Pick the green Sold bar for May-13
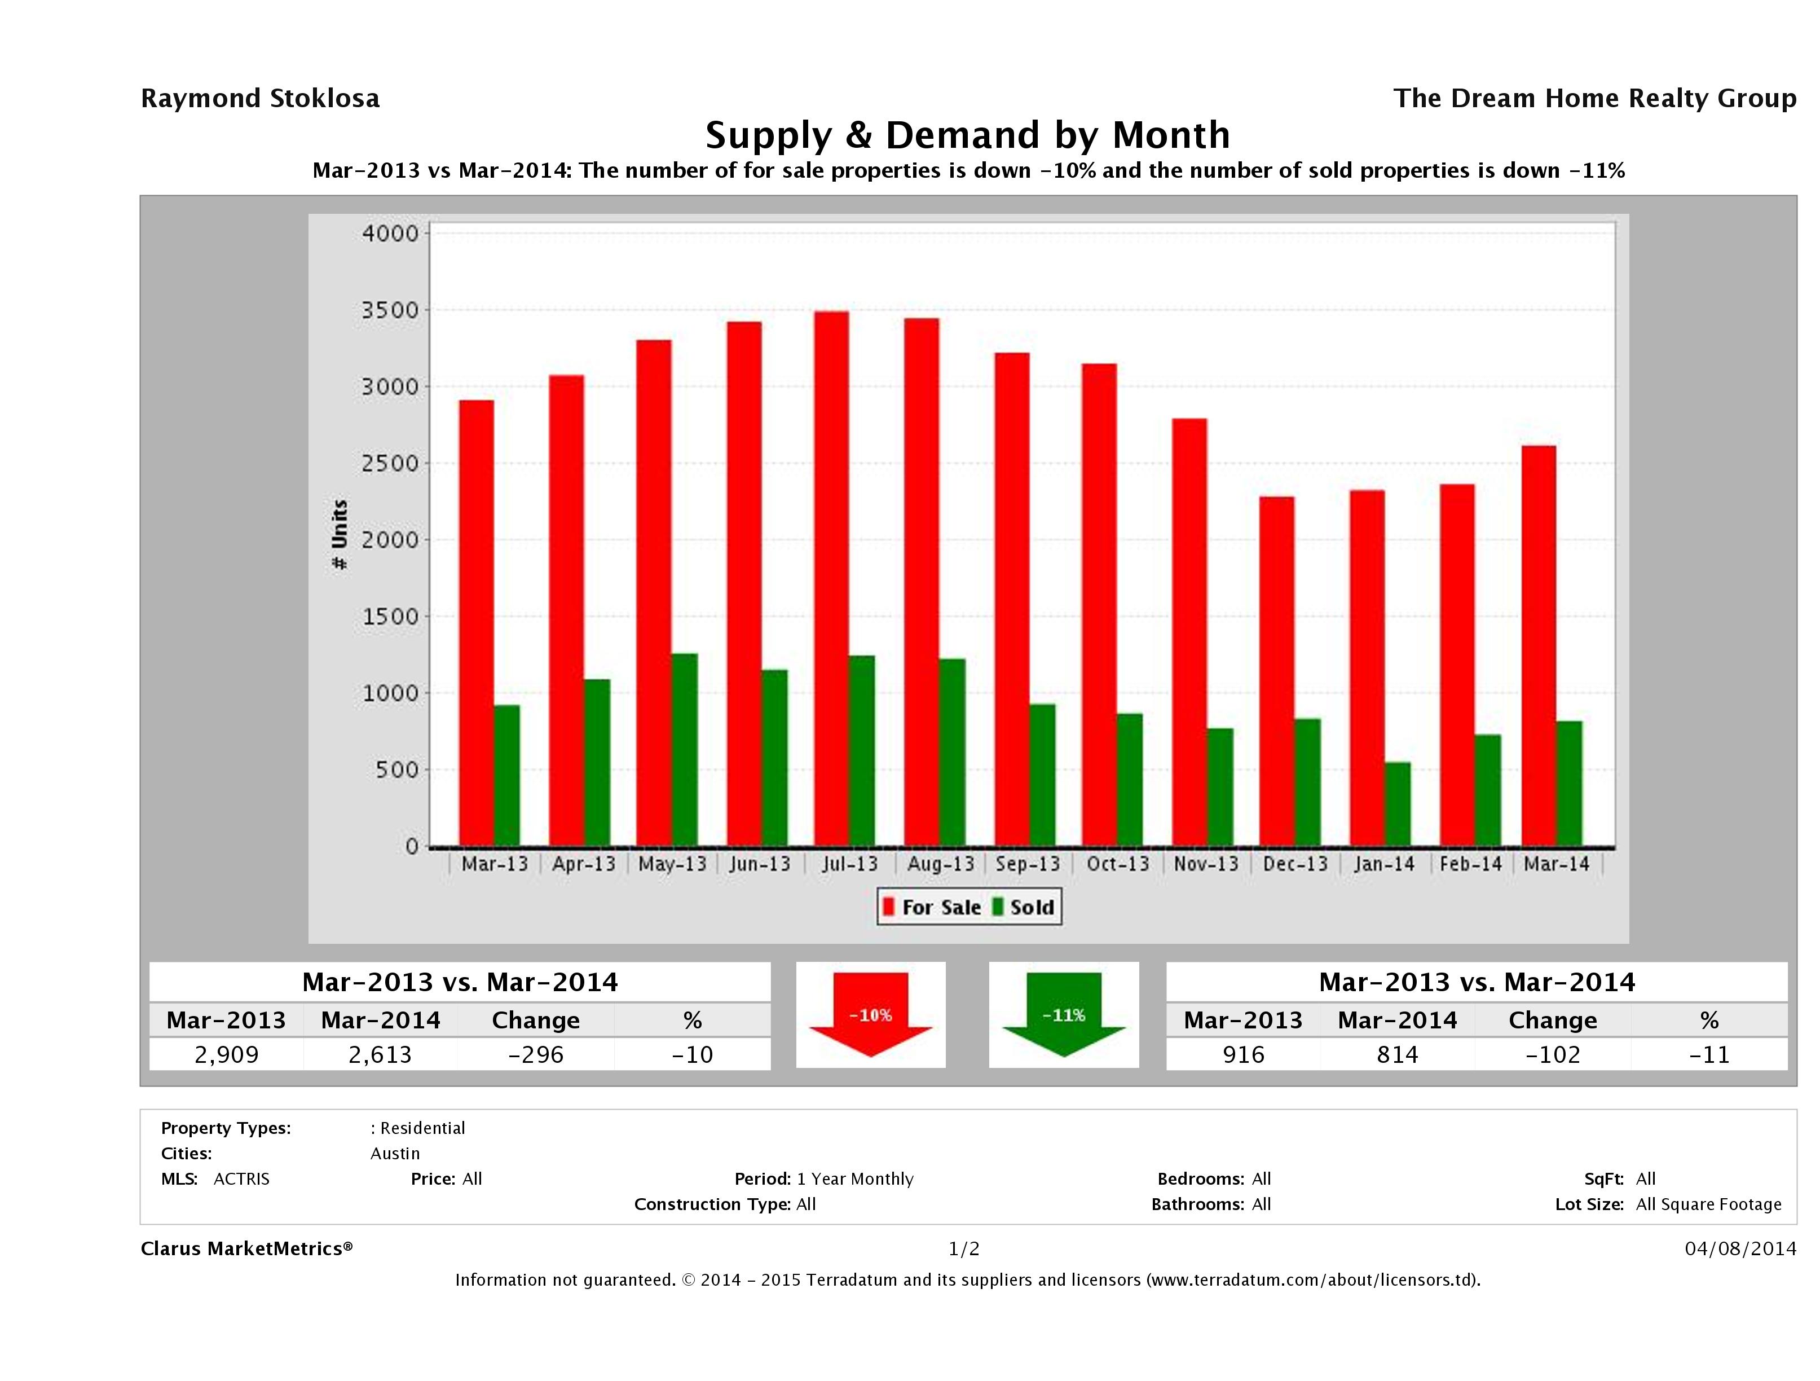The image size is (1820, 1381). point(684,750)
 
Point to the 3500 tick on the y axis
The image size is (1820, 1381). point(391,310)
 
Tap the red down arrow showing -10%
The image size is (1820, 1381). point(870,1015)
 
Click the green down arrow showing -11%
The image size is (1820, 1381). point(1064,1015)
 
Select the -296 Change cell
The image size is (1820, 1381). point(536,1054)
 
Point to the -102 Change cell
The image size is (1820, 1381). point(1553,1054)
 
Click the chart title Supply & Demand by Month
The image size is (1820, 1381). point(968,135)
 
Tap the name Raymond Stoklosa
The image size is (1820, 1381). point(260,99)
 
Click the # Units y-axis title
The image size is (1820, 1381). point(339,534)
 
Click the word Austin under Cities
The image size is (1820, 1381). point(395,1153)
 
